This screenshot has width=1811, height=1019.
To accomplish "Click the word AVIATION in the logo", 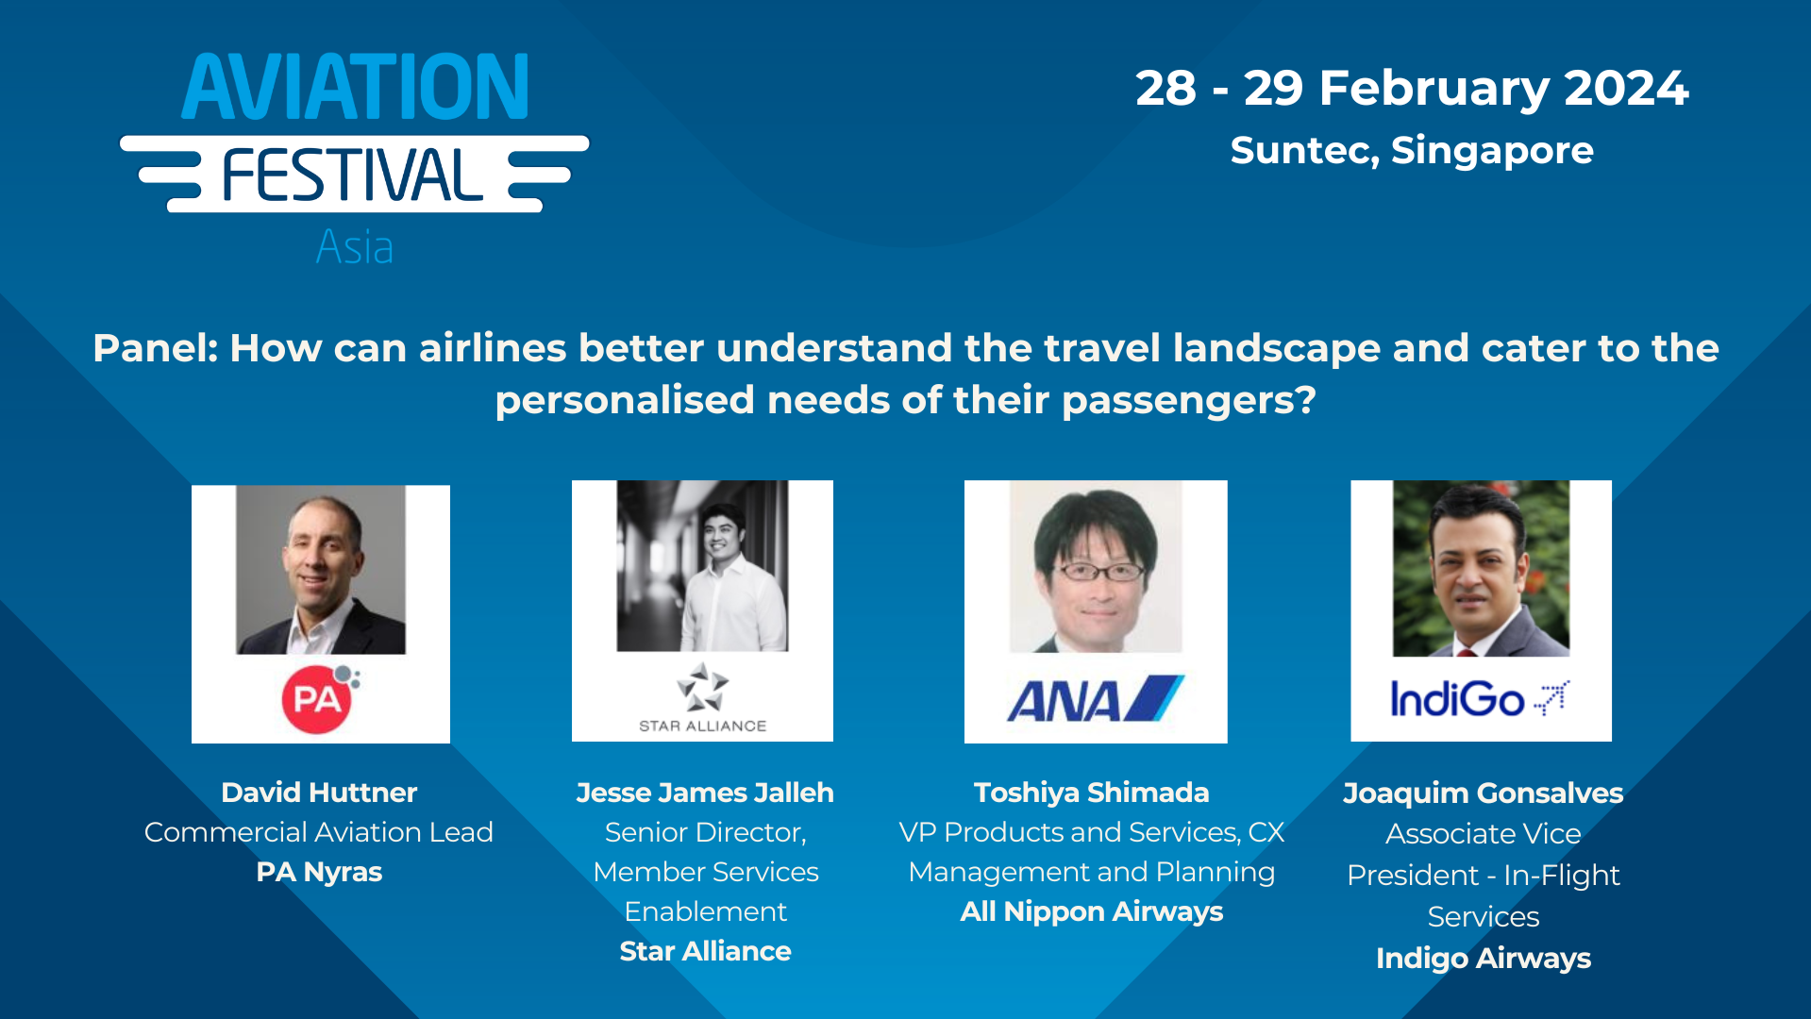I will point(355,87).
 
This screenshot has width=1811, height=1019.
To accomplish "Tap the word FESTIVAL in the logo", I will point(352,176).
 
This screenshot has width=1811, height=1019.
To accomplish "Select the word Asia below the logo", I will point(354,247).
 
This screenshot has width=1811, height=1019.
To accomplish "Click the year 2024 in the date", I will point(1625,88).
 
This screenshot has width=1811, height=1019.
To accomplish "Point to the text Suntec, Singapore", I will point(1411,151).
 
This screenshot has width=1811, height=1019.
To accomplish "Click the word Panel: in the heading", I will point(156,348).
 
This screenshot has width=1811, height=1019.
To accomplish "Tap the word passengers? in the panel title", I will point(1188,400).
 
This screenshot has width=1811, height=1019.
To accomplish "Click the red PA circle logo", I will point(317,699).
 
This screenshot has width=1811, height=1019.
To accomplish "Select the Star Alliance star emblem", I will point(702,687).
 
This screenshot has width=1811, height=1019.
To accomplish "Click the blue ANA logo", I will point(1095,699).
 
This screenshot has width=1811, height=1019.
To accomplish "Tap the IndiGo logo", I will point(1478,699).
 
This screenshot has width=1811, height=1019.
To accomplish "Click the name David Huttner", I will point(319,793).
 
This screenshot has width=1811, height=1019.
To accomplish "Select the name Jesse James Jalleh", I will point(704,793).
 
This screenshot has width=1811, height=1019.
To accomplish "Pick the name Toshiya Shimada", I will point(1091,793).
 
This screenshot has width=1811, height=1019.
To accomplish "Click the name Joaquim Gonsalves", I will point(1483,793).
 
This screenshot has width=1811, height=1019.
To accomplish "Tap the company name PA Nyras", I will point(319,872).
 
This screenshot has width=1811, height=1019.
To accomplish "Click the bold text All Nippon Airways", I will point(1091,911).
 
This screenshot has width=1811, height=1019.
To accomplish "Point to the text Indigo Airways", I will point(1483,959).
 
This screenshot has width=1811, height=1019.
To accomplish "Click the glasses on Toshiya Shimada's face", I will point(1097,571).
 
